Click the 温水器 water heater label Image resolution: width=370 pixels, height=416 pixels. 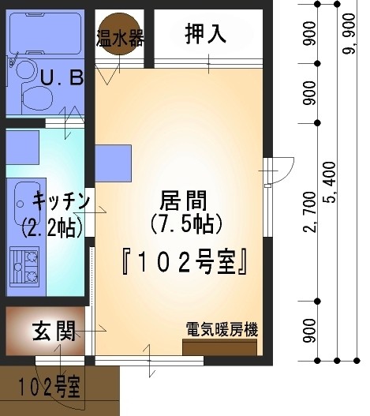[x=120, y=38]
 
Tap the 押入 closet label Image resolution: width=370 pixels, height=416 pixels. [x=206, y=34]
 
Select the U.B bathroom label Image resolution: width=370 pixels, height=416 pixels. [x=62, y=77]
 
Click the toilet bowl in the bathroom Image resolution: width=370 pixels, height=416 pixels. [x=36, y=97]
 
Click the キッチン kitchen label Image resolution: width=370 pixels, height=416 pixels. [x=61, y=201]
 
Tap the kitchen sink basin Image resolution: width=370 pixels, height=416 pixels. [x=27, y=204]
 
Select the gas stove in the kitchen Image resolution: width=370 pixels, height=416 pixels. [x=24, y=267]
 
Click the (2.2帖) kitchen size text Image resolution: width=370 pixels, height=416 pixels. [x=52, y=227]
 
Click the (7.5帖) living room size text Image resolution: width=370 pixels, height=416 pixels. [x=186, y=223]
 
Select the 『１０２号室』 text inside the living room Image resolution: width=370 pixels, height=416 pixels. [x=185, y=262]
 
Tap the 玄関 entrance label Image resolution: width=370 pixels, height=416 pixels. [x=54, y=331]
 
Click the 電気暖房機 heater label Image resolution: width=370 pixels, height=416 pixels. [x=222, y=329]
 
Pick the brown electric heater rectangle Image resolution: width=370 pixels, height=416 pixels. [x=219, y=347]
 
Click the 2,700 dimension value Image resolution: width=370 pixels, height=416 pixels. [x=310, y=212]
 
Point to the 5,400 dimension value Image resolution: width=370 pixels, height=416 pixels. [x=330, y=182]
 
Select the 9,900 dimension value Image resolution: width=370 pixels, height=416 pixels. [x=349, y=33]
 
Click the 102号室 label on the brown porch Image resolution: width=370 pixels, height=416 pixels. [x=50, y=387]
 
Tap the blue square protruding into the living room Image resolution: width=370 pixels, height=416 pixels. [x=114, y=163]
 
